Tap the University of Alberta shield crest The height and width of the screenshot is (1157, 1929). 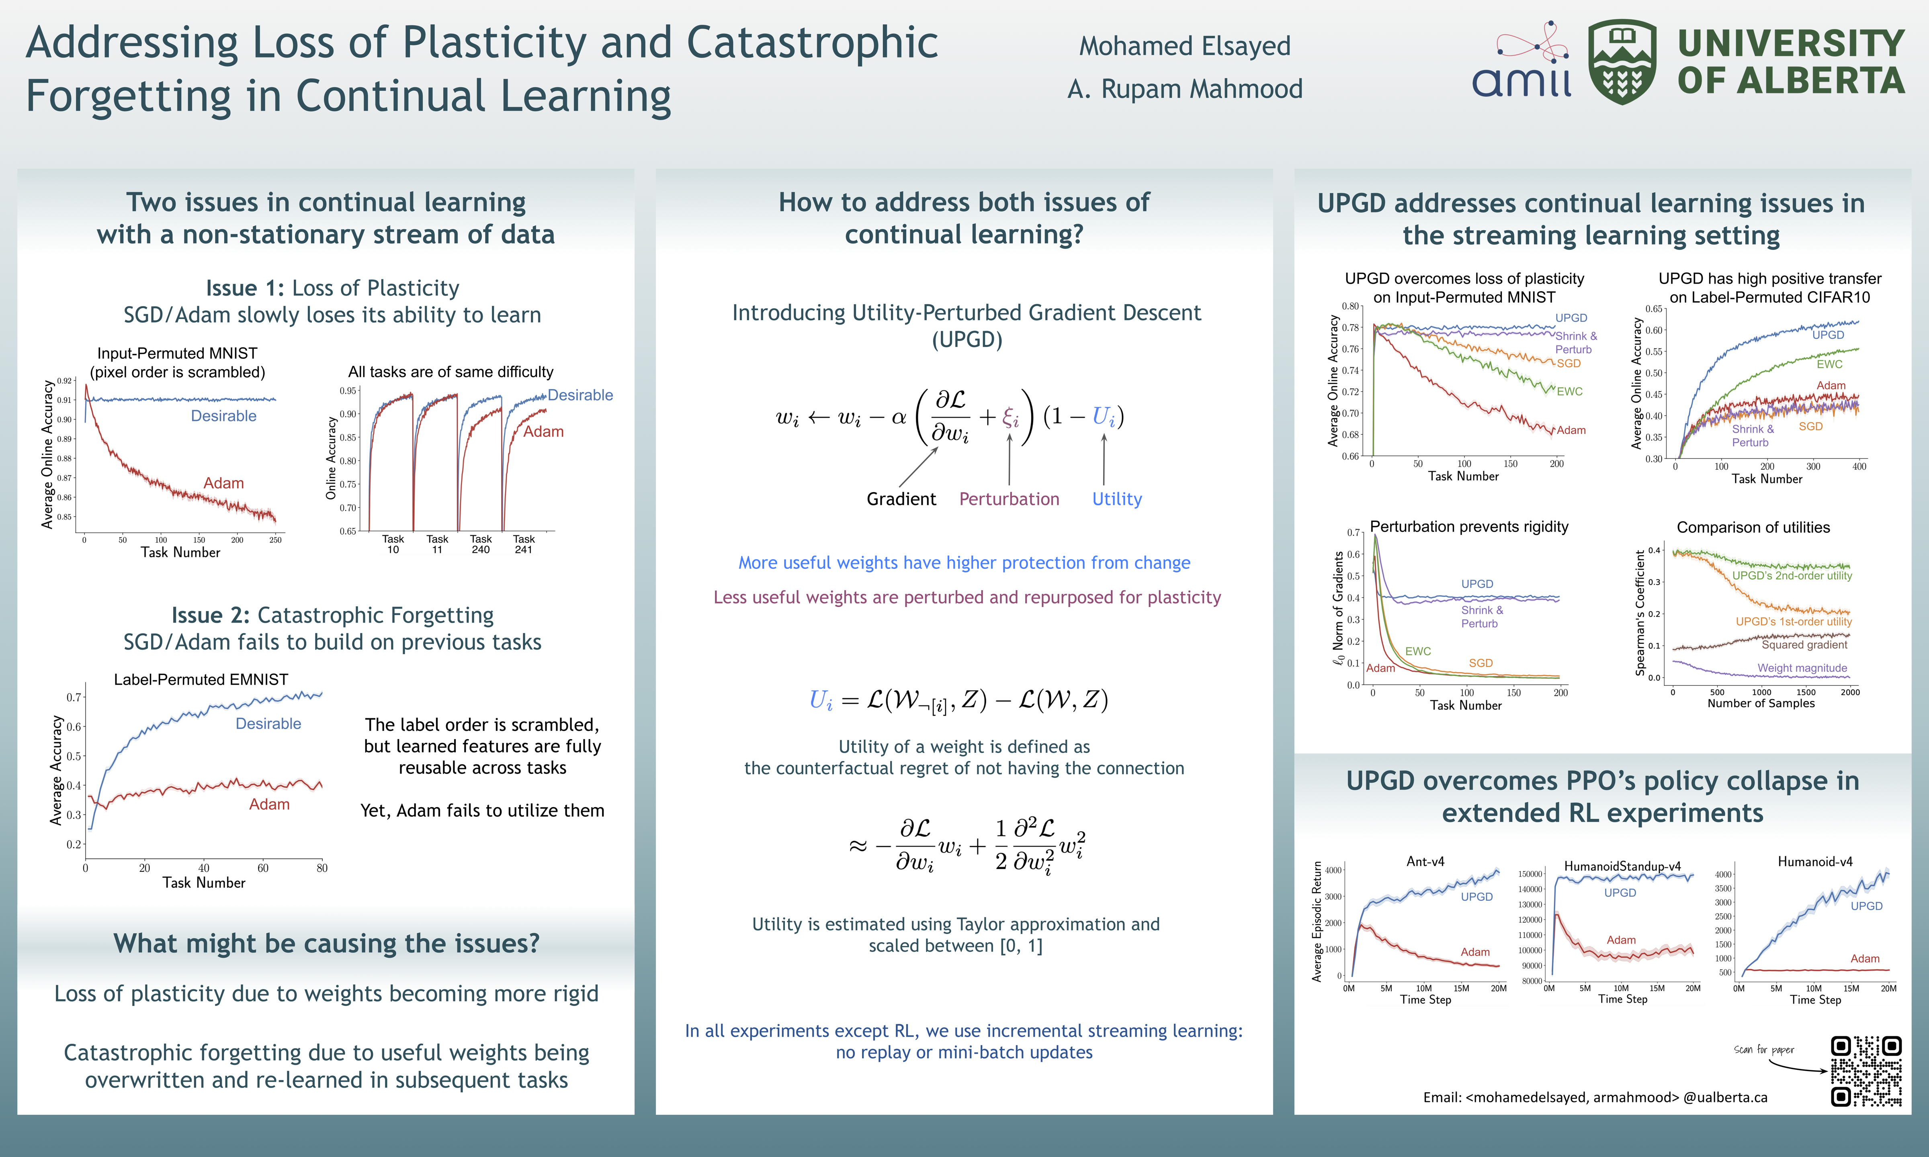(1622, 62)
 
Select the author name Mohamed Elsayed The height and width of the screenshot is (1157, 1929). (1184, 46)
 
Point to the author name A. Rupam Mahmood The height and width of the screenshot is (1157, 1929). (1184, 89)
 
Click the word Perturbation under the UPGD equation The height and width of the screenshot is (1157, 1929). (1009, 499)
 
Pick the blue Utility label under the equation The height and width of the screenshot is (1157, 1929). (1116, 499)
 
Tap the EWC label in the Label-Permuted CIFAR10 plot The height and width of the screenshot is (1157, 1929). (1829, 364)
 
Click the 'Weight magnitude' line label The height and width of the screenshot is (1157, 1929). (1802, 668)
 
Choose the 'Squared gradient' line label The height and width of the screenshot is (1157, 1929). (1804, 645)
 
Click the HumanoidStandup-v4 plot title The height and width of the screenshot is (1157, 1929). (1622, 866)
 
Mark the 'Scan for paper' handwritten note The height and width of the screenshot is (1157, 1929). (1764, 1050)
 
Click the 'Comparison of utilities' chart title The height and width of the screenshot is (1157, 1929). (1753, 528)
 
